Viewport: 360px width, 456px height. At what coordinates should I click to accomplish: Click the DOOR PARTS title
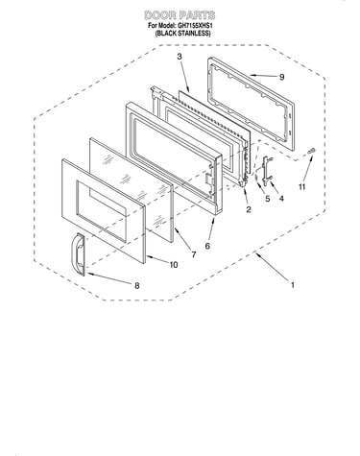[x=180, y=15]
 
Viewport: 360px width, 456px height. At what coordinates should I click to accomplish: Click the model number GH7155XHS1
[x=195, y=26]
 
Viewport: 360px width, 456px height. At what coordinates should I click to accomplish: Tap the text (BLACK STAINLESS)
[x=182, y=34]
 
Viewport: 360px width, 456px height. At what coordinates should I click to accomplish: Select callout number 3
[x=180, y=57]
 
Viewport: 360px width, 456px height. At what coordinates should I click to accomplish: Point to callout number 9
[x=281, y=77]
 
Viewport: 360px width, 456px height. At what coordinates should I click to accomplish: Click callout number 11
[x=302, y=187]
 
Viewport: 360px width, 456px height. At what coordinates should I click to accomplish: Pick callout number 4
[x=281, y=199]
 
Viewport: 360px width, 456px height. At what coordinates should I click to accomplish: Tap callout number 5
[x=268, y=199]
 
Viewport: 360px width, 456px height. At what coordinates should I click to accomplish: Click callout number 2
[x=249, y=209]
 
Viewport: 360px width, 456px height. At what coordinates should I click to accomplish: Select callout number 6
[x=207, y=246]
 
